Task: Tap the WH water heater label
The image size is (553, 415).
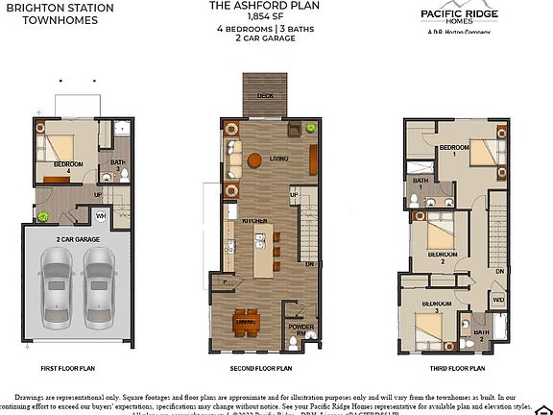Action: point(100,215)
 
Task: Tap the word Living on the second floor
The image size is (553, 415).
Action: point(279,159)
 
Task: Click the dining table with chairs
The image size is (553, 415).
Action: point(247,322)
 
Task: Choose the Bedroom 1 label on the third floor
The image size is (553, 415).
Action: point(453,149)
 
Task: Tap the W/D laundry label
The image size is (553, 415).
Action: point(498,300)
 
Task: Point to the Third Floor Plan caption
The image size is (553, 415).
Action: point(456,367)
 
